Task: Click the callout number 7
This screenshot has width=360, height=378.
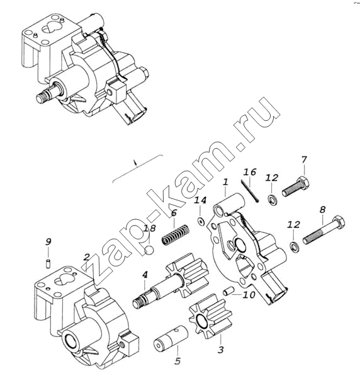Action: (304, 159)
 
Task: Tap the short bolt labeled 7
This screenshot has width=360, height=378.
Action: (296, 186)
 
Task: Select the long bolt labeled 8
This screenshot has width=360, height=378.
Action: (323, 230)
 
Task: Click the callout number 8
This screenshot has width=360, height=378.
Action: (322, 210)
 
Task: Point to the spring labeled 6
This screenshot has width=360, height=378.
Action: (175, 235)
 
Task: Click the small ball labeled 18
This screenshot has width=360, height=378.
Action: (150, 251)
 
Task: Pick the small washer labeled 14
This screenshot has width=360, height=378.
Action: (200, 220)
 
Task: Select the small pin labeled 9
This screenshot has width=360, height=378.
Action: (48, 263)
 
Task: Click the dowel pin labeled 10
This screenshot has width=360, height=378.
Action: (228, 291)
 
